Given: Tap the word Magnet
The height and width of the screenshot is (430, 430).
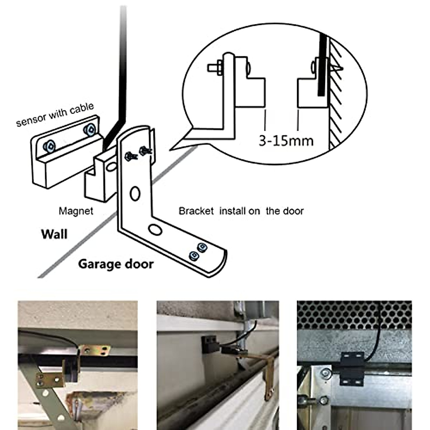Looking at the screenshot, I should (76, 211).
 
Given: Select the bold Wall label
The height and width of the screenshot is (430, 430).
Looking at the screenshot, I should (54, 234).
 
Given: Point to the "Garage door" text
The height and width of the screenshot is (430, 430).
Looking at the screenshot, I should (116, 264).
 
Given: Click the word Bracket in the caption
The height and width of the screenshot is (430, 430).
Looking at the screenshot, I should (196, 211).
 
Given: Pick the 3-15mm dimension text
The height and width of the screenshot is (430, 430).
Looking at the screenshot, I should (286, 141).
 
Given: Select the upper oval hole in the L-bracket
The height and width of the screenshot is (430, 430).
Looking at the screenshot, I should (135, 193).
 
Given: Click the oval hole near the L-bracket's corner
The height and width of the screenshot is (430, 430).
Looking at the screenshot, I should (155, 230).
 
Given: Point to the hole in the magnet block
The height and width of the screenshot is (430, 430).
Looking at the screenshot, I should (111, 167).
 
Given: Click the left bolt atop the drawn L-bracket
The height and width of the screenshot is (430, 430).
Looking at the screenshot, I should (129, 156).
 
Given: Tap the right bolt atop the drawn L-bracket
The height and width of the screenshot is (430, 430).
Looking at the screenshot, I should (144, 151).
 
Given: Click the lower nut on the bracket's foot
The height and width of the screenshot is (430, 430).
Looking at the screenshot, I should (193, 256).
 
